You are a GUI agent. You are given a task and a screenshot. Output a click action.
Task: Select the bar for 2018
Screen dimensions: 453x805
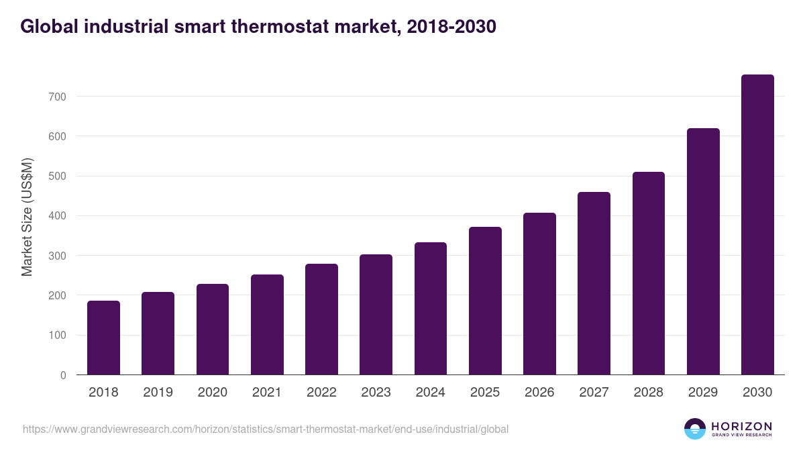pos(103,338)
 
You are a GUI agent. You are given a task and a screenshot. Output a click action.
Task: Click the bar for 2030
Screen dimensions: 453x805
pos(757,225)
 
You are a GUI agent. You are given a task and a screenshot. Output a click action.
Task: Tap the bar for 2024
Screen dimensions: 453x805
pos(431,309)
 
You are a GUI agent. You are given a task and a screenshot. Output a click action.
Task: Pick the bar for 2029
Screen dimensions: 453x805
pos(703,252)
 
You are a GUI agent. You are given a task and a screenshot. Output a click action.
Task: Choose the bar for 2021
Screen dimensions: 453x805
pos(267,325)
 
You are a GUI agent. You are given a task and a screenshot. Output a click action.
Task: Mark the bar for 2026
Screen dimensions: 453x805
pos(539,294)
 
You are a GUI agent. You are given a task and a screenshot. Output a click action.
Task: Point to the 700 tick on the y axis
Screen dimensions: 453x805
pos(58,97)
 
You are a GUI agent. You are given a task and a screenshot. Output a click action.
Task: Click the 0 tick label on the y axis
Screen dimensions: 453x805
pos(63,375)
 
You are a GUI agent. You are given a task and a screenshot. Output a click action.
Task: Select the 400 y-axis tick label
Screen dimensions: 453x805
pos(58,216)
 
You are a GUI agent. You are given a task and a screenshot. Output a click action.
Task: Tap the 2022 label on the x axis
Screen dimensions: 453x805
pos(321,393)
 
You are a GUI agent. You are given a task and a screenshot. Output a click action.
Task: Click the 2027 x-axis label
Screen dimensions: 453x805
pos(594,393)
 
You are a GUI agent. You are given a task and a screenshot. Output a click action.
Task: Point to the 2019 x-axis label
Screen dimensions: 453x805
pos(158,393)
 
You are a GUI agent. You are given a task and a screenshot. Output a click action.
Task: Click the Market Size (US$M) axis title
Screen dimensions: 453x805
pos(27,217)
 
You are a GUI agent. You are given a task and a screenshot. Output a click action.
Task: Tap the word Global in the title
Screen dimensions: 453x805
pos(46,27)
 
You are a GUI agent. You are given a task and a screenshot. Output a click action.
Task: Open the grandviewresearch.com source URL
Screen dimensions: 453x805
pos(266,429)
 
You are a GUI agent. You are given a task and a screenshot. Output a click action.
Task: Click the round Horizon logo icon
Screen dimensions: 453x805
pos(695,429)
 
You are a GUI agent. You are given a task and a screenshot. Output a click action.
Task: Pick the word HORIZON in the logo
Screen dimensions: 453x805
pos(741,425)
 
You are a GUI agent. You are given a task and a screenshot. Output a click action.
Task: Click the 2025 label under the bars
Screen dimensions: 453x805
pos(485,393)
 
